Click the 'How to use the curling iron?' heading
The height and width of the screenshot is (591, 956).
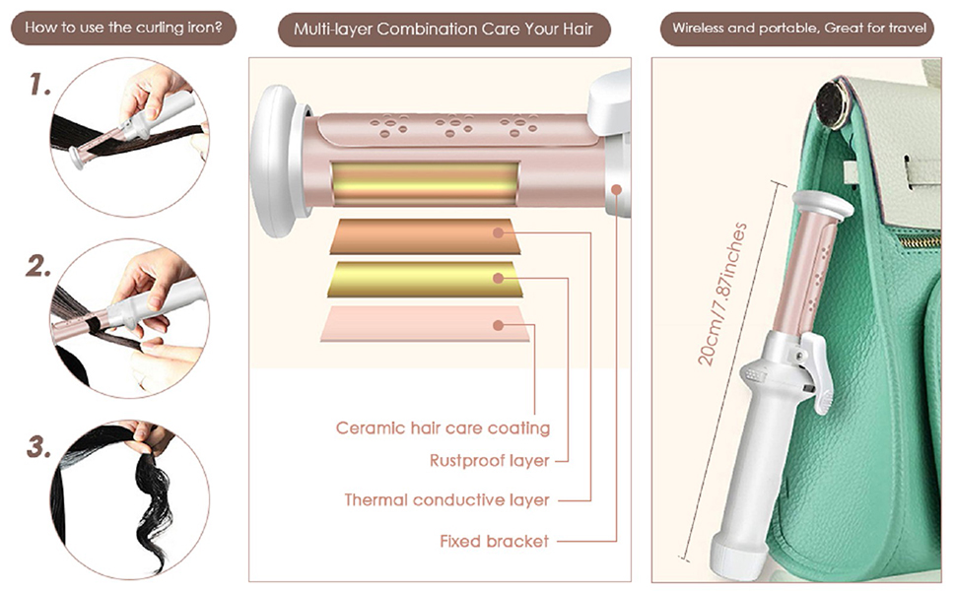(123, 28)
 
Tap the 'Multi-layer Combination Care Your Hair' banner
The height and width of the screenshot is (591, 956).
(444, 30)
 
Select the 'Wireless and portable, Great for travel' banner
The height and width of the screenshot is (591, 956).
(798, 28)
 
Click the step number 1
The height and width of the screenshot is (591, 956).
(40, 85)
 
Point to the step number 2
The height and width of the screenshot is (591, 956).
(39, 266)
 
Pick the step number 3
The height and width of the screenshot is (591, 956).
(39, 446)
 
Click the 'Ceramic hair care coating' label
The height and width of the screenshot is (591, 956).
(443, 427)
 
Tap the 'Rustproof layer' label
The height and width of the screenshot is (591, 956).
(490, 461)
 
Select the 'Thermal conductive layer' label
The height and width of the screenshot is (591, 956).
(446, 500)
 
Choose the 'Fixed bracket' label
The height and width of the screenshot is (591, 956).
(495, 541)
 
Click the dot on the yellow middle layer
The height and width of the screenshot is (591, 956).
(498, 279)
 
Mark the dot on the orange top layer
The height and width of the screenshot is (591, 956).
(498, 232)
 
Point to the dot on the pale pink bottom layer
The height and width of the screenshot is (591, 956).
(498, 325)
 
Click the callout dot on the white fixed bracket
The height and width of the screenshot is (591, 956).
(616, 189)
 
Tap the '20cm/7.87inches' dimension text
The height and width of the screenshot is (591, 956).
(722, 295)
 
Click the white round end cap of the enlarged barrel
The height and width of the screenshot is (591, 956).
(274, 161)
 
